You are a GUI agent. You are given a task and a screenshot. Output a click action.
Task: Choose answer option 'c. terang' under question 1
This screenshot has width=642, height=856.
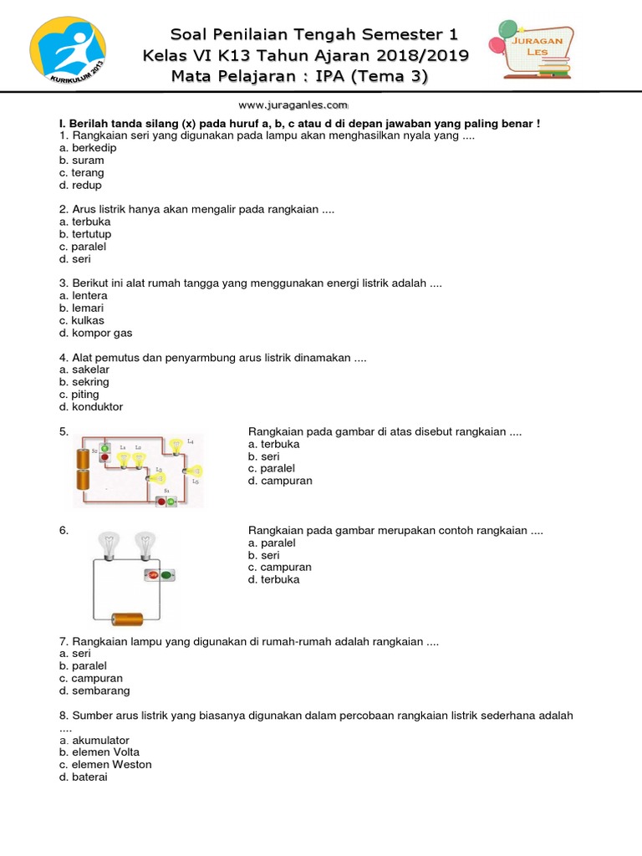pyautogui.click(x=82, y=173)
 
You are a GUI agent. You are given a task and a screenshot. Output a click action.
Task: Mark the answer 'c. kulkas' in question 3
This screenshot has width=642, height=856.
pyautogui.click(x=82, y=320)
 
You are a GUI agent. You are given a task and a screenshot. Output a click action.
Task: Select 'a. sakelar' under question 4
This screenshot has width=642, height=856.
pyautogui.click(x=84, y=369)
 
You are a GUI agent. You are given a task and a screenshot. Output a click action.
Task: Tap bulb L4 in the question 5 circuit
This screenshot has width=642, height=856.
pyautogui.click(x=176, y=446)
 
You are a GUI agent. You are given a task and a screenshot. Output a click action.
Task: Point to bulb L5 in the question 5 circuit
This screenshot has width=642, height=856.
pyautogui.click(x=194, y=471)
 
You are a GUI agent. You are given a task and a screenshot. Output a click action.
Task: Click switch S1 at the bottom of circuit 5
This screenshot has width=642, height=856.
pyautogui.click(x=166, y=501)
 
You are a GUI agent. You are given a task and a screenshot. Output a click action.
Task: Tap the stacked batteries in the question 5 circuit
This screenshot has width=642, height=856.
pyautogui.click(x=83, y=468)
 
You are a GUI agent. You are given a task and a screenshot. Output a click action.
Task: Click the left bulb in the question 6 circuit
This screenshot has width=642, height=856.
pyautogui.click(x=107, y=544)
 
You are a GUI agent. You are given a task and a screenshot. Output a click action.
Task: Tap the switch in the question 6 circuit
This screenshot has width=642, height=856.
pyautogui.click(x=159, y=575)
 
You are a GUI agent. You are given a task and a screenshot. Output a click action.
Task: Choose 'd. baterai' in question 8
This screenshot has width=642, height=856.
pyautogui.click(x=84, y=777)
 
